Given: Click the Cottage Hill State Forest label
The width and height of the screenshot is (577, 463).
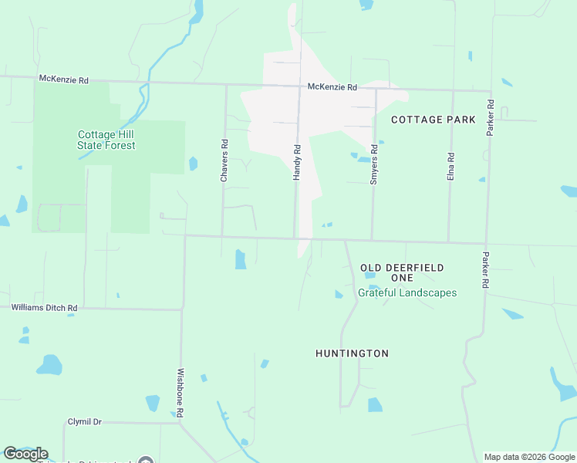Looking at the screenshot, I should click(x=106, y=140).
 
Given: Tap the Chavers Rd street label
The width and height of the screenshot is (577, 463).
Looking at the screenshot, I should click(x=224, y=161).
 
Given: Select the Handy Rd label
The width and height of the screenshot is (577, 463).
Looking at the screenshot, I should click(x=296, y=162).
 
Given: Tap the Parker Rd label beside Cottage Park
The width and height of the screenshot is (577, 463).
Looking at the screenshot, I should click(x=490, y=118).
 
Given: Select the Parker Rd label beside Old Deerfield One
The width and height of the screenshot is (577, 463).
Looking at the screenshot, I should click(x=485, y=270).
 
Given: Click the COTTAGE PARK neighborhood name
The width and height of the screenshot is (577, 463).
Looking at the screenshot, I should click(x=433, y=120).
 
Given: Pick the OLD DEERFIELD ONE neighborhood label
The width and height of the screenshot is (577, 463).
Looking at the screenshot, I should click(x=402, y=272).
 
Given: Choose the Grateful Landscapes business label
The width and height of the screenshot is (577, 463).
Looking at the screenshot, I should click(x=407, y=293).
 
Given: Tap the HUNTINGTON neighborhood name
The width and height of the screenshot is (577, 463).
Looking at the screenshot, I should click(x=352, y=353).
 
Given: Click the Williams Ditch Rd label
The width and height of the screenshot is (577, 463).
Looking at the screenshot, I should click(x=44, y=308).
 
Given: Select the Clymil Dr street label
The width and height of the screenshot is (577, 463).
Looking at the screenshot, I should click(x=85, y=422).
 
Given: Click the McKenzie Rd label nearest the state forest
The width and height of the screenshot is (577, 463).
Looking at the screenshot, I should click(x=64, y=79).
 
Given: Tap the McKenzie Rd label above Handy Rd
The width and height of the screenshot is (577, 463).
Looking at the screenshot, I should click(x=332, y=87).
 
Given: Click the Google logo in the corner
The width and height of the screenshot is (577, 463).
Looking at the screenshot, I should click(x=25, y=454).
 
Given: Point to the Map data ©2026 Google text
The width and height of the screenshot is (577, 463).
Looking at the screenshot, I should click(x=529, y=457).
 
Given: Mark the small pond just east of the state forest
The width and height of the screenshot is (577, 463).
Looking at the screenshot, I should click(x=193, y=164).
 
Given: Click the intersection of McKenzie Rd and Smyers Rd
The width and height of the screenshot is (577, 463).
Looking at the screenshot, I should click(x=376, y=89).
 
